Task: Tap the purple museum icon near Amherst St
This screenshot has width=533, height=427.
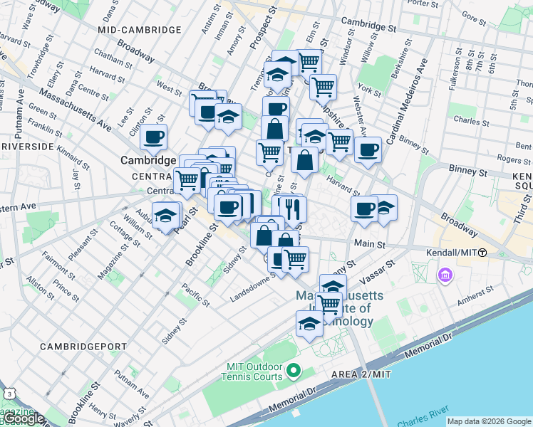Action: coord(446,274)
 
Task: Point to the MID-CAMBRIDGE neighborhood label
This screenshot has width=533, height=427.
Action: coord(140,30)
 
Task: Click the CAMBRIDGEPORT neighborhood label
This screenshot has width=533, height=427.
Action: coord(83,346)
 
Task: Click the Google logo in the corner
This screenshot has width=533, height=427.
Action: coord(23,418)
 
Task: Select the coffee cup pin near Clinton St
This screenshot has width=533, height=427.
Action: coord(154,137)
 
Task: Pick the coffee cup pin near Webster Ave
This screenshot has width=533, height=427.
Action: coord(368,150)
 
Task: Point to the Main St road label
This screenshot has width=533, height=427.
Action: coord(370,244)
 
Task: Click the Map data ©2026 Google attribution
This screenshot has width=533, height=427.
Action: coord(489,421)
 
